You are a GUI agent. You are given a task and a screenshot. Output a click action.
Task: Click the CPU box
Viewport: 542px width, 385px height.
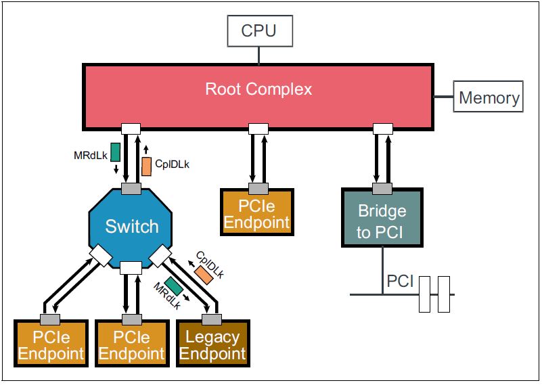[260, 30]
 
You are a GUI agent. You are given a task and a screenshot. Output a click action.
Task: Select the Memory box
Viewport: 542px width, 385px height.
[488, 97]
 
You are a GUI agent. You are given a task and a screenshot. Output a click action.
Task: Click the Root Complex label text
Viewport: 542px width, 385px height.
[258, 89]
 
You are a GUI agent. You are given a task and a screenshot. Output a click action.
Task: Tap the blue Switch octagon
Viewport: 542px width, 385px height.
[131, 228]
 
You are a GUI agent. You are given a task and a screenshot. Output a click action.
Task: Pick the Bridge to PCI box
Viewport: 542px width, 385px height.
[382, 217]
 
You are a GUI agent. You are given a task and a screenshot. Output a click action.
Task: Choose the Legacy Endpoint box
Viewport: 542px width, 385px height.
[213, 343]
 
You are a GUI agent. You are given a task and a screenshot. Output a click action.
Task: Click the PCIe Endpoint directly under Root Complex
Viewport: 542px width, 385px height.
[257, 212]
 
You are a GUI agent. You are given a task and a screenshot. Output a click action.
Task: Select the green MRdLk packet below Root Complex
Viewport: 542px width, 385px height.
[116, 152]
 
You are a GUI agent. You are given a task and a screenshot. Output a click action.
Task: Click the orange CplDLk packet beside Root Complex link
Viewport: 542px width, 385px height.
[147, 166]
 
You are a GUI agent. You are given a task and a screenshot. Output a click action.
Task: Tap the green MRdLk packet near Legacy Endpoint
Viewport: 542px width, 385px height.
[174, 286]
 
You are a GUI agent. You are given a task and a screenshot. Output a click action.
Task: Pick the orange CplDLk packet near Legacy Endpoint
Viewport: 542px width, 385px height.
[204, 275]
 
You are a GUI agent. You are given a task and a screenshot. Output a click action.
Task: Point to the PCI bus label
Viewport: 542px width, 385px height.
[400, 281]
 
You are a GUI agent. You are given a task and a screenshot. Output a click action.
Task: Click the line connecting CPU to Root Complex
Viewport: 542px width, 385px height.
[259, 55]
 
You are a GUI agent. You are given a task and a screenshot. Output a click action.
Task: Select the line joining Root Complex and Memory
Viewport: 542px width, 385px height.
[443, 97]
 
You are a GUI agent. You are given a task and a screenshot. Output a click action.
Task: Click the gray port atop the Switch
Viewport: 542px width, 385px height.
[131, 189]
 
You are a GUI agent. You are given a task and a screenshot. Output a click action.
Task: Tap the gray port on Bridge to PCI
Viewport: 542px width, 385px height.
[382, 189]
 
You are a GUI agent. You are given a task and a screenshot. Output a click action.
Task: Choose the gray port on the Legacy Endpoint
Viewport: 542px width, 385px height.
[212, 319]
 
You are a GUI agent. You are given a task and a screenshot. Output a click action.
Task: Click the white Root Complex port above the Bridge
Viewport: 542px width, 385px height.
[383, 129]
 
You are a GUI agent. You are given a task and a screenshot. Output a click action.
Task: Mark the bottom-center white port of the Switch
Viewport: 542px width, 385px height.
[131, 268]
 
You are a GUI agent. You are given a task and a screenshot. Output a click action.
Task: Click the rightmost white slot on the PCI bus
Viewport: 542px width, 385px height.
[444, 294]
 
